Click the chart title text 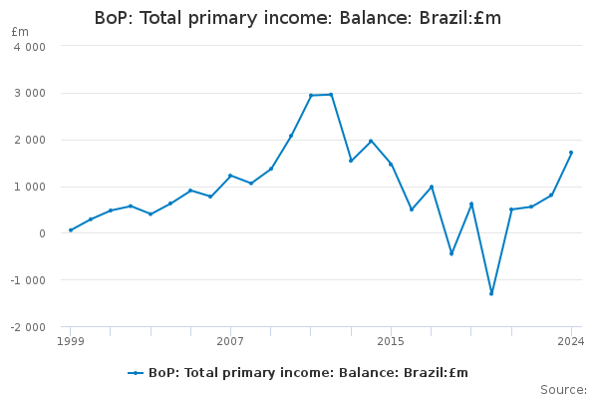(298, 18)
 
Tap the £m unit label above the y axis (20, 32)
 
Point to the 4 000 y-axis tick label (30, 47)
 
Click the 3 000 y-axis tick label (30, 93)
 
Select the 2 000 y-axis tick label (30, 140)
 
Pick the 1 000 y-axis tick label (30, 188)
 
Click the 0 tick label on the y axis (42, 233)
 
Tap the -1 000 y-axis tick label (28, 280)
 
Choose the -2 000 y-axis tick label (28, 327)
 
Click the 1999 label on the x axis (71, 341)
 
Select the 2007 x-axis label (230, 341)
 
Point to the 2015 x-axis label (391, 341)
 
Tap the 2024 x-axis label (571, 341)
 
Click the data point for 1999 (71, 230)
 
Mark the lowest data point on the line (491, 293)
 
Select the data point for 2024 (571, 153)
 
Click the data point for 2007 (230, 176)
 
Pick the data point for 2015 (391, 165)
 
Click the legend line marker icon (136, 373)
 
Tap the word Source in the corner (564, 390)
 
